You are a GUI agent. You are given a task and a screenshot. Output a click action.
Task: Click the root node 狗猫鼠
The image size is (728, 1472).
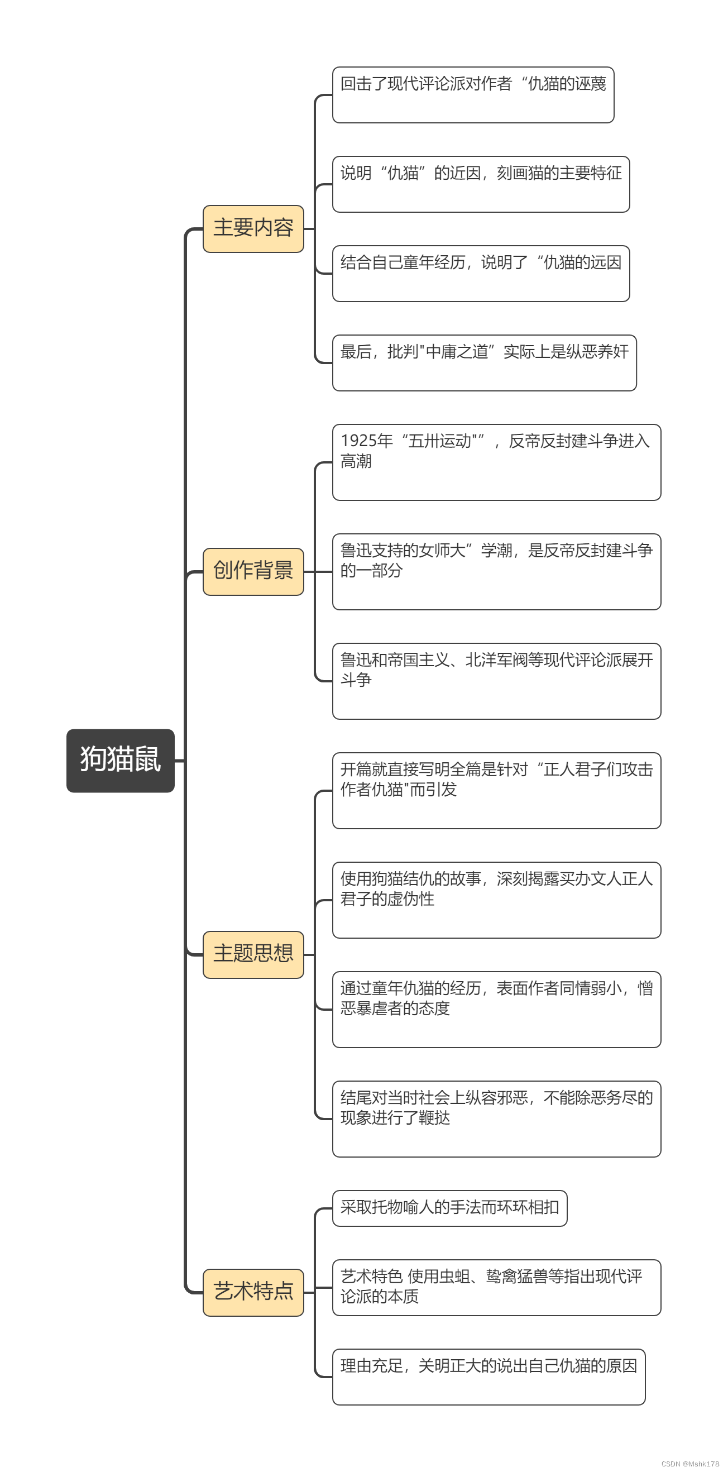point(120,760)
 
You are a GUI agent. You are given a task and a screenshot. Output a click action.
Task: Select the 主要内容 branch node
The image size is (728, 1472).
point(253,228)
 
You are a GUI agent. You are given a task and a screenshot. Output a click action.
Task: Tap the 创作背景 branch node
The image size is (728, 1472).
point(253,571)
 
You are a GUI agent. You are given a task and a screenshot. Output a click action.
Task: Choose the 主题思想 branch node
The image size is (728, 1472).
point(253,954)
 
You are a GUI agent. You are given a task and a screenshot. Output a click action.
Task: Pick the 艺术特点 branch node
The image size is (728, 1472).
point(253,1292)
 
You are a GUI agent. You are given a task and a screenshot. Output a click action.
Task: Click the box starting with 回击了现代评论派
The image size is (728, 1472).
point(472,95)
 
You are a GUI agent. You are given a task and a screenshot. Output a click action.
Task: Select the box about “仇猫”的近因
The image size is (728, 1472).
point(481,184)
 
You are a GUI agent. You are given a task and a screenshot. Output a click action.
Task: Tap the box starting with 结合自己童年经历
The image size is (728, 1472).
point(481,273)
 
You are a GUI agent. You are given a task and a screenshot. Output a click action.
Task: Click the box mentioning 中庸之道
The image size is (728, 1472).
point(484,363)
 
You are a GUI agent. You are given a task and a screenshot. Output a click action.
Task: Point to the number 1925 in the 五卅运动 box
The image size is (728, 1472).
point(359,441)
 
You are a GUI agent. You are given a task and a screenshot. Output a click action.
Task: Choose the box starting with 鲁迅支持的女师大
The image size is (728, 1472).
point(496,571)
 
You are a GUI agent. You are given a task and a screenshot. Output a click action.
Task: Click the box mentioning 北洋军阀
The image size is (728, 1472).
point(496,681)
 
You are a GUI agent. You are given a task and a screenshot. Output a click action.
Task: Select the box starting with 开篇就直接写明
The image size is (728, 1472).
point(496,790)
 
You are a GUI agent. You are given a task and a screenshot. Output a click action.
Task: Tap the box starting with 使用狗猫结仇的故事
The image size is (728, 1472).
point(496,900)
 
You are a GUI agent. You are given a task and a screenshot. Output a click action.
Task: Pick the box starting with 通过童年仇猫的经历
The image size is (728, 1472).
point(496,1009)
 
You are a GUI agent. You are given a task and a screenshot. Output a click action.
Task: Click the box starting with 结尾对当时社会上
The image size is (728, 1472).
point(496,1119)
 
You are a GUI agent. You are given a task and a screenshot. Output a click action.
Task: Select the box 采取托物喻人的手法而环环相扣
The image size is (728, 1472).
point(450,1208)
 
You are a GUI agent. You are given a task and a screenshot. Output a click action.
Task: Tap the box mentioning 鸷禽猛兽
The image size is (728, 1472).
point(496,1287)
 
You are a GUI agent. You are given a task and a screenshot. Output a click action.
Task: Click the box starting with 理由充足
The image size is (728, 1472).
point(488,1377)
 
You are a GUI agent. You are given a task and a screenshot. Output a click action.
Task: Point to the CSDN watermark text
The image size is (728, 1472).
point(689,1464)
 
